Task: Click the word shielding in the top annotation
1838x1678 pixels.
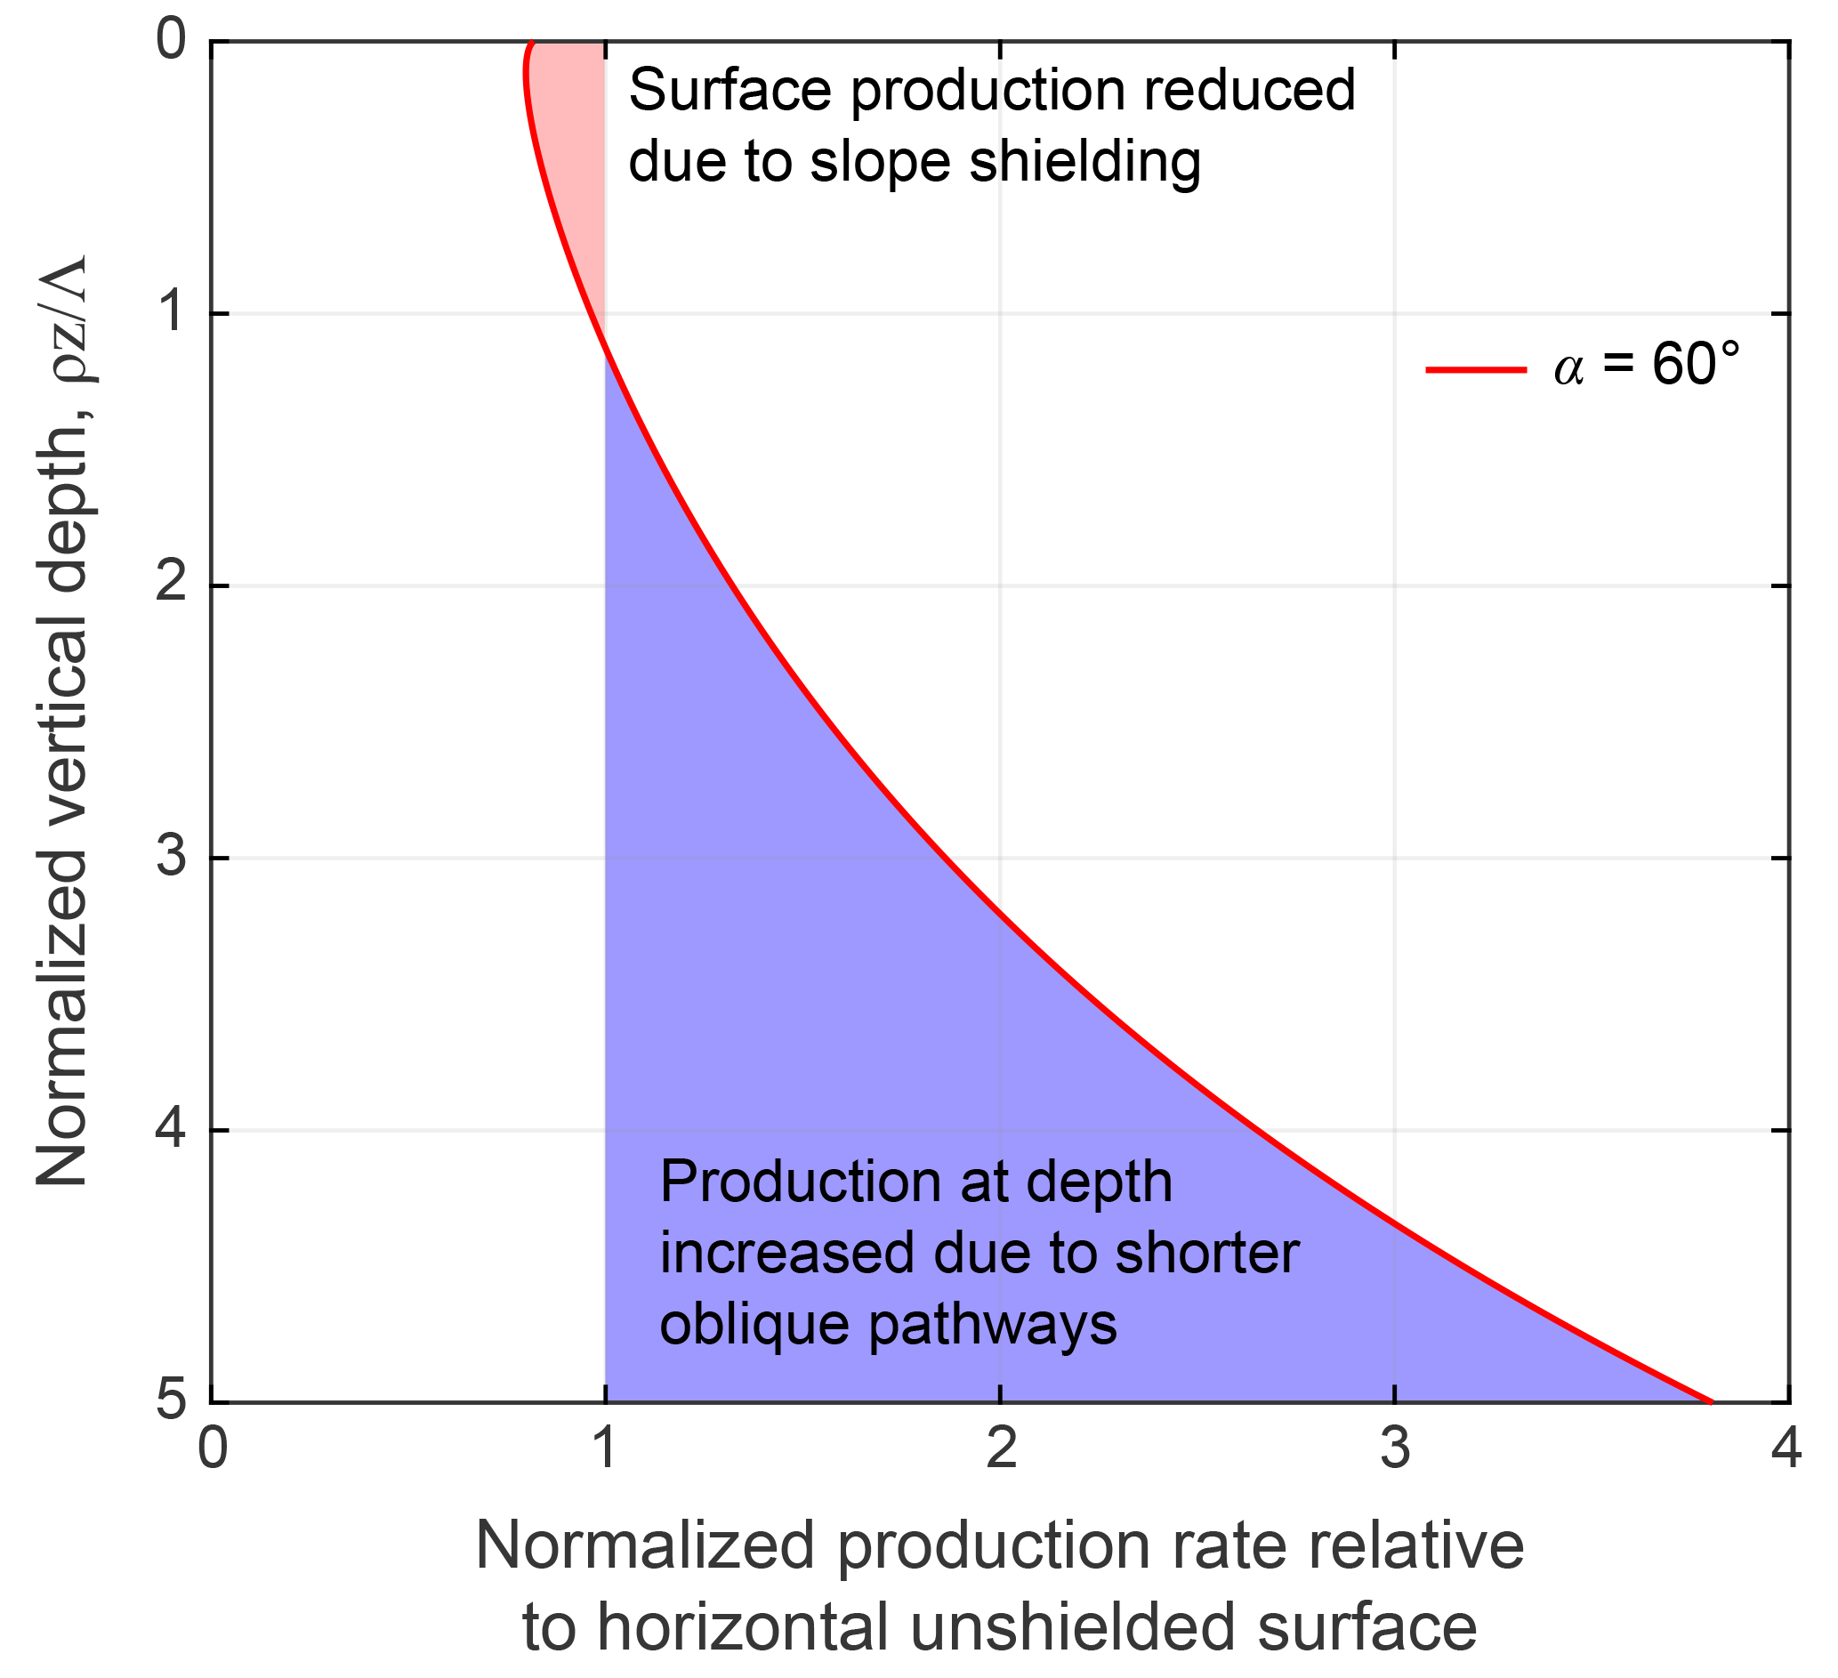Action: pos(1085,162)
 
